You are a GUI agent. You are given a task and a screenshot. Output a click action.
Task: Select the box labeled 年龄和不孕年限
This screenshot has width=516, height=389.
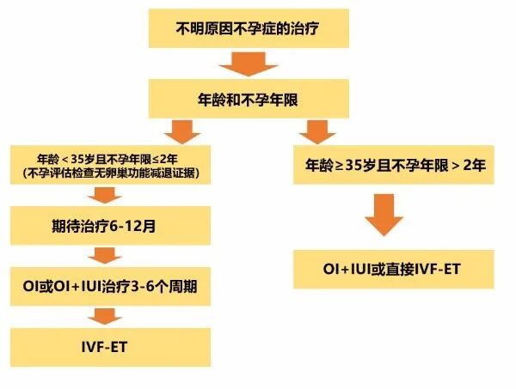[249, 98]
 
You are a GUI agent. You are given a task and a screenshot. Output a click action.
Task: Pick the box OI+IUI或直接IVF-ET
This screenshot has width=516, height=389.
[390, 268]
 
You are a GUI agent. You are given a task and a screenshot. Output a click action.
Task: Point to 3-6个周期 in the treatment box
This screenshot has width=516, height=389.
[163, 285]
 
